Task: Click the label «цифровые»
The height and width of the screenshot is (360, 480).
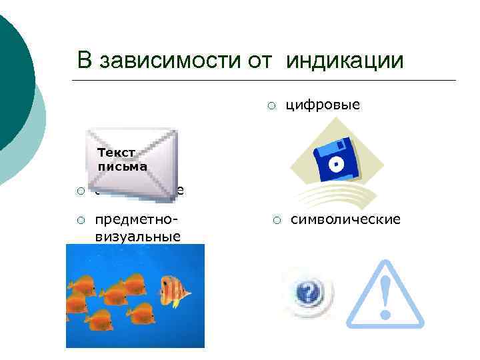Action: (323, 105)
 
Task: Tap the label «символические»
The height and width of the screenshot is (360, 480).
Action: (346, 219)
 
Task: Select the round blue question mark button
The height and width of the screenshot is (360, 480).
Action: (306, 291)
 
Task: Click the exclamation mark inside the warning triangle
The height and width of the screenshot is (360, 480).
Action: (385, 297)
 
